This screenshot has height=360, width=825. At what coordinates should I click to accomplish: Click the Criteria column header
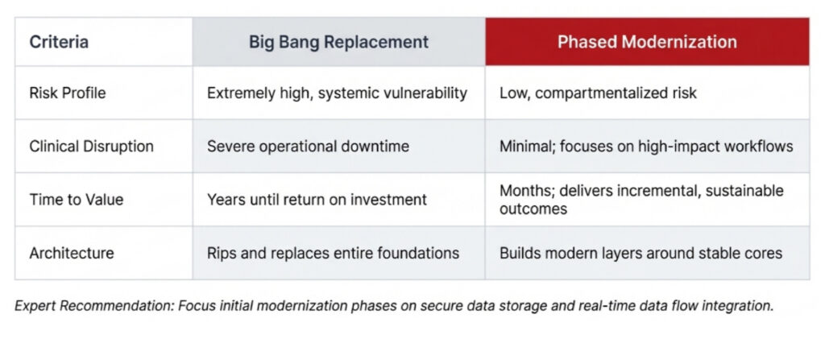coord(59,42)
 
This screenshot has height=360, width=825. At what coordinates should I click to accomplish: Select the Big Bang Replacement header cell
coord(338,42)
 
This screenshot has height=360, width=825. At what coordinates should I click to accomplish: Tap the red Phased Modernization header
coord(647,42)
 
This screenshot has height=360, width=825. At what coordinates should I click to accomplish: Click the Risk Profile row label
coord(68,93)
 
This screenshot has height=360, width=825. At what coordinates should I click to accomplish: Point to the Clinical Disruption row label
coord(91,147)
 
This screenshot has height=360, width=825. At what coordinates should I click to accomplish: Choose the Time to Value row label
coord(77,200)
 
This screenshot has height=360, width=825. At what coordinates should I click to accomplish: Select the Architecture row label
coord(72,253)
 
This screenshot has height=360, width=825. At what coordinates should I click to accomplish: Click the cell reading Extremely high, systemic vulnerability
coord(337,93)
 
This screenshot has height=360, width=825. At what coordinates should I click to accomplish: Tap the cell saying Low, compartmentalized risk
coord(598,93)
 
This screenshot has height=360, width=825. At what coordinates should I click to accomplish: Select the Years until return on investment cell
coord(317,200)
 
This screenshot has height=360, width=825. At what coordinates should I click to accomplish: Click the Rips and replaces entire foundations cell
coord(333,253)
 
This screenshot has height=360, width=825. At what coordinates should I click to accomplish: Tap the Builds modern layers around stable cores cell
coord(641,253)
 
